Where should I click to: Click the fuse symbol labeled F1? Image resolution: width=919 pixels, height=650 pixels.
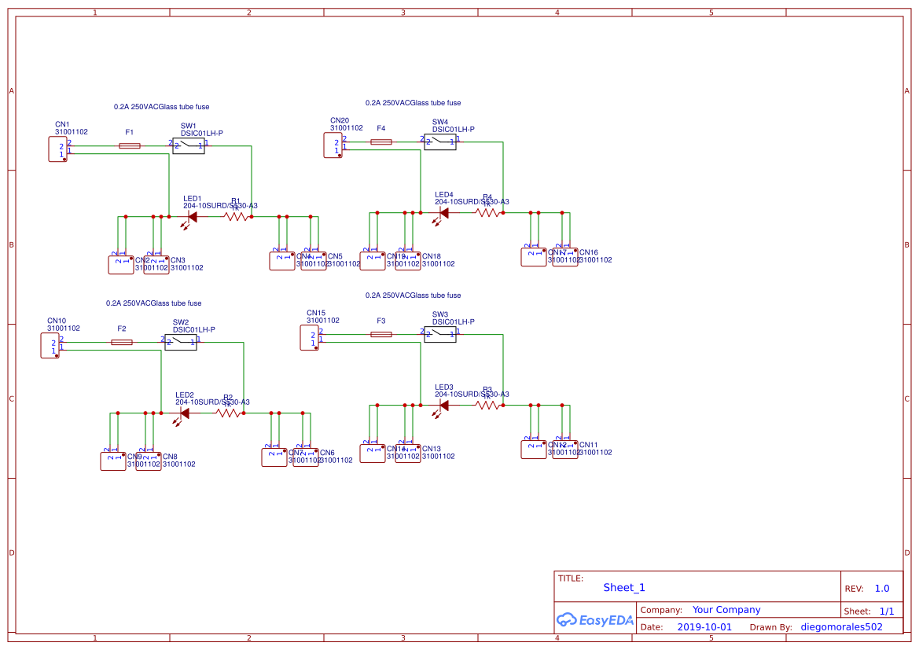pyautogui.click(x=130, y=145)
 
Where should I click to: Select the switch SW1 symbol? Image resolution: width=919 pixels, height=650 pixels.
pyautogui.click(x=189, y=145)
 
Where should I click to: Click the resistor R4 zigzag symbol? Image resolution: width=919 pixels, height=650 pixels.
pyautogui.click(x=487, y=212)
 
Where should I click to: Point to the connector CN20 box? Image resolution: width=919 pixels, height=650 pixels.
pyautogui.click(x=333, y=145)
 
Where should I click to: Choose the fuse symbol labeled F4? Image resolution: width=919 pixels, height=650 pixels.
pyautogui.click(x=381, y=141)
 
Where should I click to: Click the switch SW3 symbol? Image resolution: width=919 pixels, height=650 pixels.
pyautogui.click(x=440, y=334)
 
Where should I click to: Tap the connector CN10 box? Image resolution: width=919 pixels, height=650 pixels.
pyautogui.click(x=50, y=346)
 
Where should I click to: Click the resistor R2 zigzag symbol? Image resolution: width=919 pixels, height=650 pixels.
pyautogui.click(x=228, y=413)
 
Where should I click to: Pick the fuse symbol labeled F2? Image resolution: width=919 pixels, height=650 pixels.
pyautogui.click(x=122, y=342)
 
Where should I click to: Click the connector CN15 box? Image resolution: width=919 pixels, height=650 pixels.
pyautogui.click(x=310, y=338)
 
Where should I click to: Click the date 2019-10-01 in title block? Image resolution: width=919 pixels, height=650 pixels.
pyautogui.click(x=704, y=627)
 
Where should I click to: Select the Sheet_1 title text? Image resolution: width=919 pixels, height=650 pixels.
pyautogui.click(x=624, y=587)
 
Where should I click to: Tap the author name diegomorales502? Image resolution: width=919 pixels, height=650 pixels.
pyautogui.click(x=841, y=627)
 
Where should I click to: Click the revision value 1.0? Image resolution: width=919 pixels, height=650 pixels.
pyautogui.click(x=882, y=588)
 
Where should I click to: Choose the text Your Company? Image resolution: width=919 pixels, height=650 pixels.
pyautogui.click(x=726, y=610)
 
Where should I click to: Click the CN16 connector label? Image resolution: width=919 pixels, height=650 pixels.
pyautogui.click(x=589, y=252)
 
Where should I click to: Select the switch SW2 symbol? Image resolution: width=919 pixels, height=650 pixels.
pyautogui.click(x=181, y=342)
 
